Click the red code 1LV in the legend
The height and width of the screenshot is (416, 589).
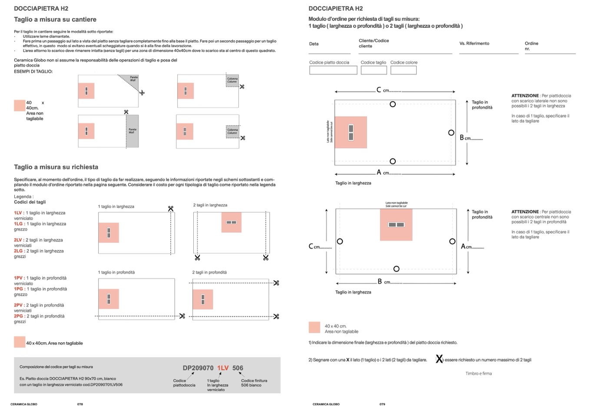coord(18,213)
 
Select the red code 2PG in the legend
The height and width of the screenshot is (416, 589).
coord(18,316)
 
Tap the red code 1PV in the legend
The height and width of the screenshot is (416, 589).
coord(18,278)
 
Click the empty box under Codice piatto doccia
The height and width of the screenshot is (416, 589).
coord(333,70)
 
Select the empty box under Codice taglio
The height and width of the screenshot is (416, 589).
coord(374,70)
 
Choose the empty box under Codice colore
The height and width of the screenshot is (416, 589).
coord(403,70)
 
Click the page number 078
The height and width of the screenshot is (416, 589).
coord(80,404)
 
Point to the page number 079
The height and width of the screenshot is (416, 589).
coord(382,404)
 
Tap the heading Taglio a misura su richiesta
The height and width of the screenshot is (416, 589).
coord(56,167)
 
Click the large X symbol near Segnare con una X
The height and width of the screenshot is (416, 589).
coord(439,359)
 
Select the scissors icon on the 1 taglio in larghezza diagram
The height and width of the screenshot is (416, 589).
coord(171,209)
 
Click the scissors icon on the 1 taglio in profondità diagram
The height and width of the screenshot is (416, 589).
coord(182,316)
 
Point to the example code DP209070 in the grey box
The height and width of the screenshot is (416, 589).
coord(198,368)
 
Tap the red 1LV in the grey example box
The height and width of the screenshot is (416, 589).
coord(223,368)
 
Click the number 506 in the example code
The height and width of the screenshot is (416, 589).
coord(238,368)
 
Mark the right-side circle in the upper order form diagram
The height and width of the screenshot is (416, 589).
coord(451,133)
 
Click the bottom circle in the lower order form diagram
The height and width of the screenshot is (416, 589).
coord(396,269)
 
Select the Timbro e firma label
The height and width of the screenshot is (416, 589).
coord(479,373)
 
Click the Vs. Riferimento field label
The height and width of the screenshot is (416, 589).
coord(474,43)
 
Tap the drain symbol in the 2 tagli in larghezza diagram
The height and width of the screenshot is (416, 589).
coord(232,223)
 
